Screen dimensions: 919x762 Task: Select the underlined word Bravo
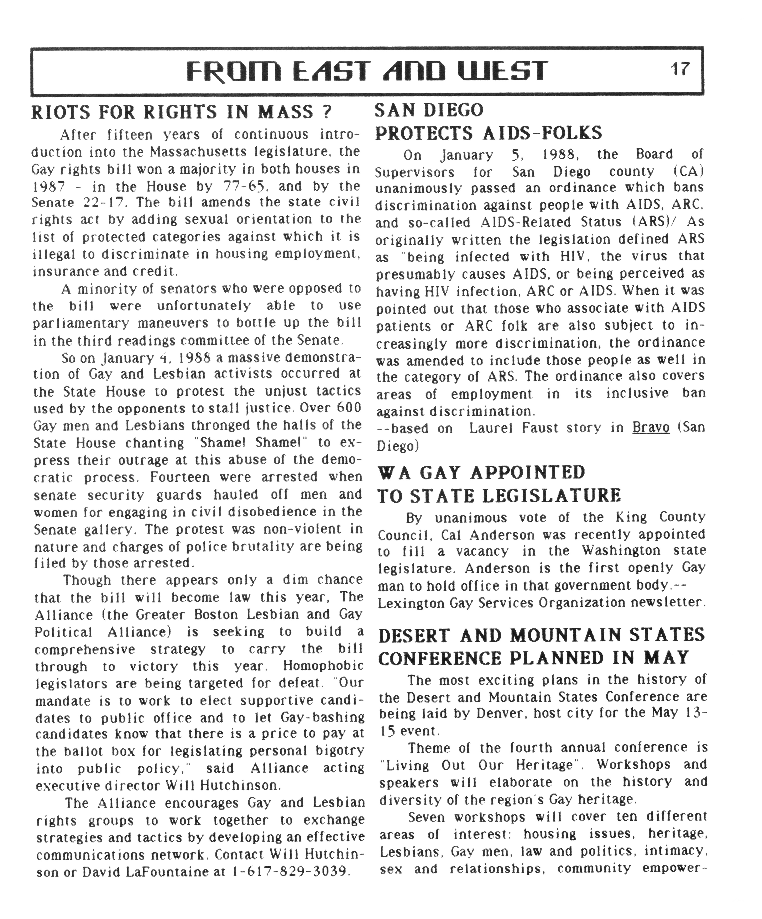(651, 428)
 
